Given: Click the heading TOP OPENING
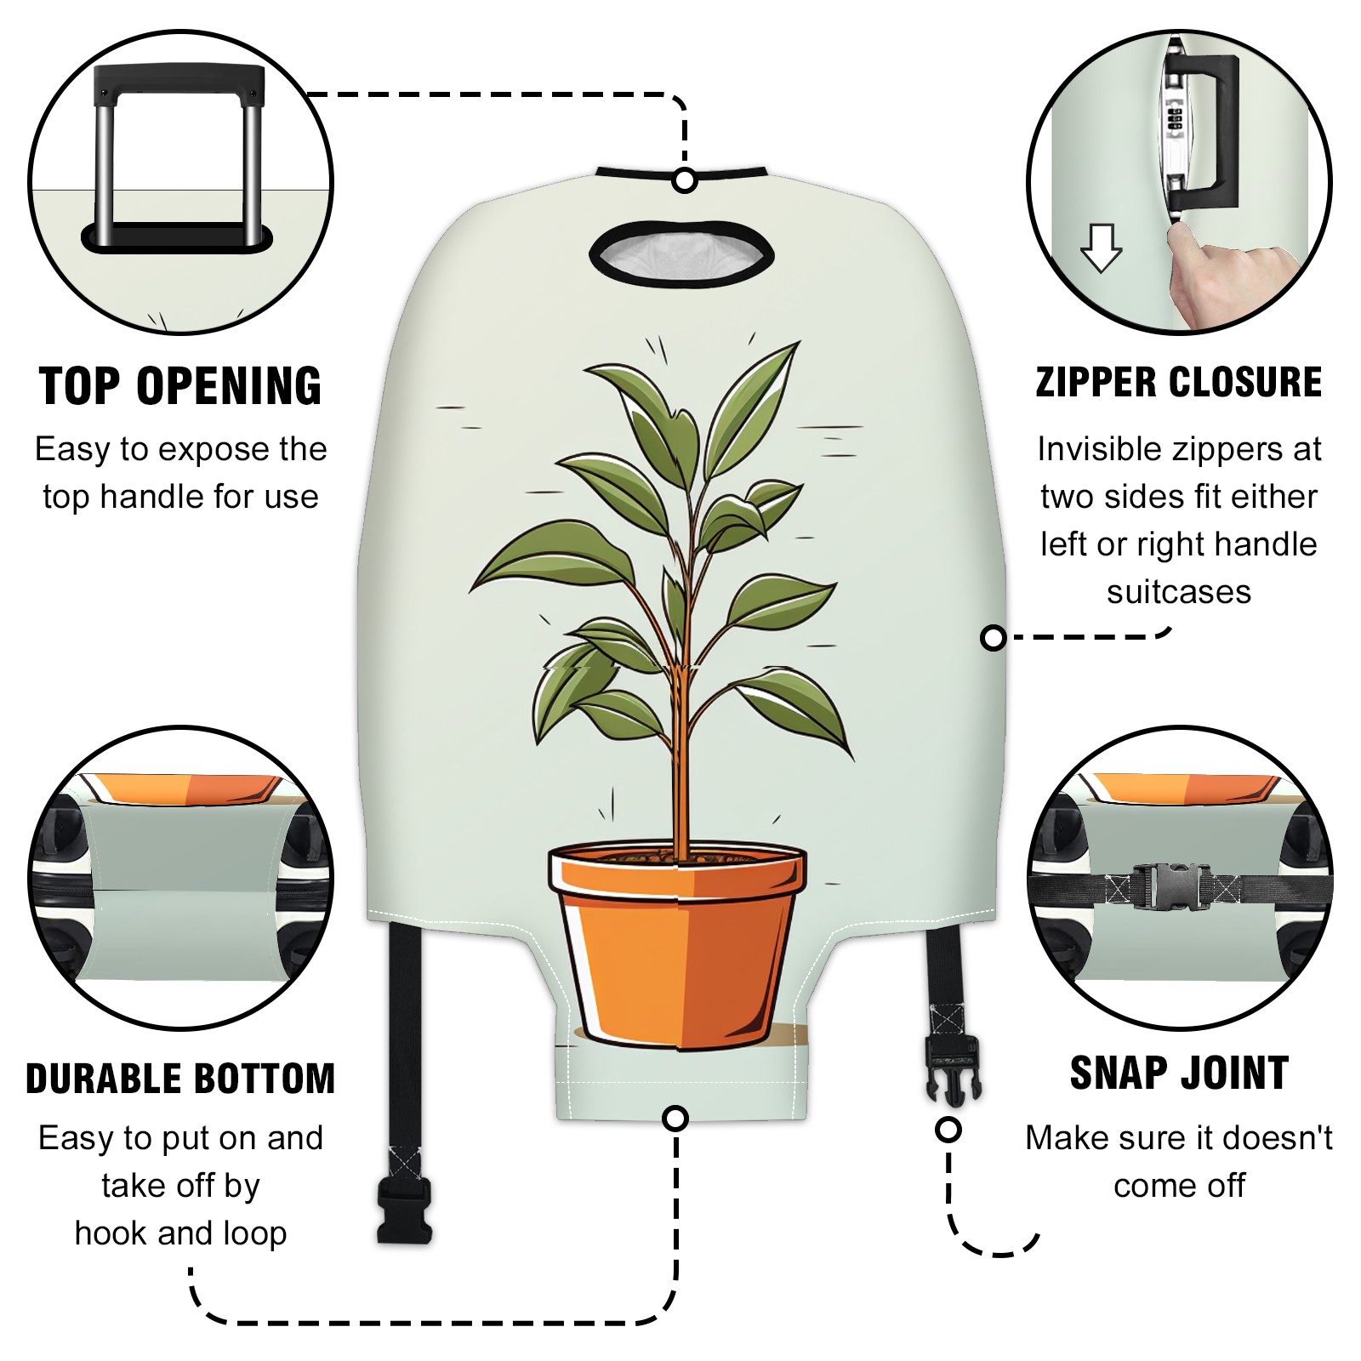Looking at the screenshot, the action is pyautogui.click(x=180, y=386).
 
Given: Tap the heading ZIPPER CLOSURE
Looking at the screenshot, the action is pyautogui.click(x=1179, y=382).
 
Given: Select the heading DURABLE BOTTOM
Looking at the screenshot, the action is pyautogui.click(x=180, y=1079).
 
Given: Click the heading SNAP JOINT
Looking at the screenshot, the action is pyautogui.click(x=1179, y=1073).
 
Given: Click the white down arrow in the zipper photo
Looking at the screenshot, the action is pyautogui.click(x=1102, y=248).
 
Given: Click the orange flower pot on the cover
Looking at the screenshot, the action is pyautogui.click(x=677, y=944).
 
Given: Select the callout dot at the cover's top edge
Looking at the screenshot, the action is pyautogui.click(x=685, y=181).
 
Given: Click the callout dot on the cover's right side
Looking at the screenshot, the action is pyautogui.click(x=993, y=637).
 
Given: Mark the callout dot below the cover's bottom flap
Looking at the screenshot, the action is pyautogui.click(x=675, y=1118).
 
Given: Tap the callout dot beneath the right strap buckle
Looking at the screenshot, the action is pyautogui.click(x=948, y=1130).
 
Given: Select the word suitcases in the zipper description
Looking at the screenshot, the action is pyautogui.click(x=1179, y=592).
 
